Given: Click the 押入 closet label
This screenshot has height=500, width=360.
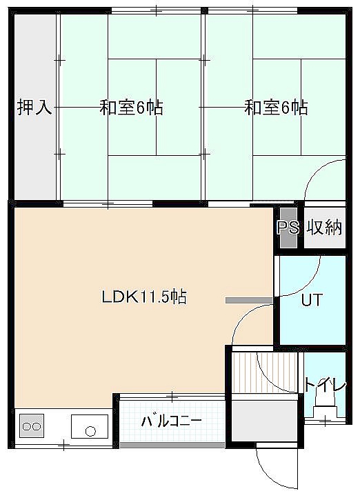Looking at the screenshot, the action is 34,108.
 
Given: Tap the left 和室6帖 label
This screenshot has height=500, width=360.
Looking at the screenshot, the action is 131,108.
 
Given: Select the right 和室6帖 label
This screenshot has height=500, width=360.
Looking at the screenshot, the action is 276,108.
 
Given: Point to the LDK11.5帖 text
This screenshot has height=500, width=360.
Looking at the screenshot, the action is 144,297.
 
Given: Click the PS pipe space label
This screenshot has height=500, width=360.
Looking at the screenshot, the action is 288,228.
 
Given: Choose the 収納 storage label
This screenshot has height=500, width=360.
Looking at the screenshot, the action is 324,228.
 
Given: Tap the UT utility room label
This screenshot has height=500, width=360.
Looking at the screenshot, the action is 312,300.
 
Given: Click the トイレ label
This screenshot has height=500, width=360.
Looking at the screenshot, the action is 325,385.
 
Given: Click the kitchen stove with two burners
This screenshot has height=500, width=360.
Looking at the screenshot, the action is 32,426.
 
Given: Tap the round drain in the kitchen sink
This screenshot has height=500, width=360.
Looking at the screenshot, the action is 90,431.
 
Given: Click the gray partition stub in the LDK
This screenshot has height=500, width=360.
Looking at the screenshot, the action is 249,300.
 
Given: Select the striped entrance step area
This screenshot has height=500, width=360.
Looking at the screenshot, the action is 265,372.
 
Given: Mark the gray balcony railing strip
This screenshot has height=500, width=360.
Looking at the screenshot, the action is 172,445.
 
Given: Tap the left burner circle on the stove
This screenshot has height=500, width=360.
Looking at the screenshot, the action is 27,426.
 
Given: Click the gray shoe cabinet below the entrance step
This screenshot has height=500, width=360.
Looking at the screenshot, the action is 265,421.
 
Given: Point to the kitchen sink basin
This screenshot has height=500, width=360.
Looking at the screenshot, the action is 90,426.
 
